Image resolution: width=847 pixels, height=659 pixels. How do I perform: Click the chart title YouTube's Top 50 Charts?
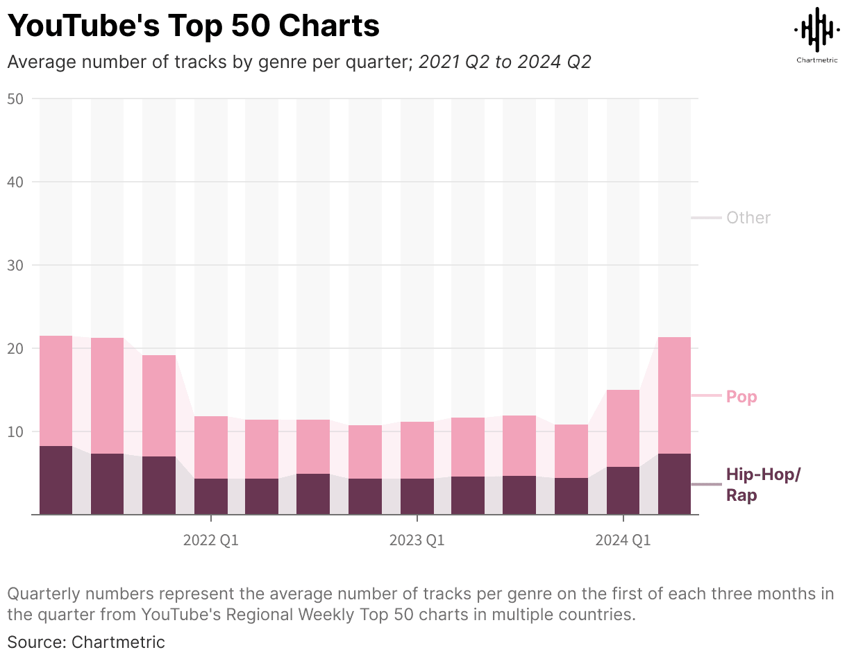pyautogui.click(x=193, y=26)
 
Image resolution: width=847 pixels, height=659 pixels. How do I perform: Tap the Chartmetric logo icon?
pyautogui.click(x=816, y=29)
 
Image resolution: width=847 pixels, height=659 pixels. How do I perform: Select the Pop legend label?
pyautogui.click(x=741, y=397)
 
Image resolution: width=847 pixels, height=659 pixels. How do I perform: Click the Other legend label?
pyautogui.click(x=748, y=218)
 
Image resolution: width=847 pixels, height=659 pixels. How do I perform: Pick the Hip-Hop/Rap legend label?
pyautogui.click(x=762, y=485)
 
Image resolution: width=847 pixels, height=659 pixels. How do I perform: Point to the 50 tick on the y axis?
pyautogui.click(x=15, y=99)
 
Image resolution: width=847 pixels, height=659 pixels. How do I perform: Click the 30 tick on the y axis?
pyautogui.click(x=15, y=266)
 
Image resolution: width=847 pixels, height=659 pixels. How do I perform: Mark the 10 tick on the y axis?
pyautogui.click(x=15, y=432)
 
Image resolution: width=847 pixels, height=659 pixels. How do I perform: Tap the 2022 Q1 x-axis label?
pyautogui.click(x=210, y=540)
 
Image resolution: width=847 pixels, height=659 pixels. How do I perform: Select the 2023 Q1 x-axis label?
pyautogui.click(x=417, y=540)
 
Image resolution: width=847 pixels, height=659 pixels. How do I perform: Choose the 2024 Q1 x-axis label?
pyautogui.click(x=623, y=540)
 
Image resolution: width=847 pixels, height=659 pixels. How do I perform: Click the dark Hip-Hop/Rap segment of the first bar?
pyautogui.click(x=56, y=480)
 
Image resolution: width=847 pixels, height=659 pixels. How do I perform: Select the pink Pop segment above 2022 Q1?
pyautogui.click(x=210, y=447)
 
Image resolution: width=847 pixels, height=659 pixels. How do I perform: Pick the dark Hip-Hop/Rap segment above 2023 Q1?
pyautogui.click(x=417, y=496)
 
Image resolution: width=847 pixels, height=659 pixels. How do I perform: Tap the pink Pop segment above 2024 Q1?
pyautogui.click(x=623, y=428)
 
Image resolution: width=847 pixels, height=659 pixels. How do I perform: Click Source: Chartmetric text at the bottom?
pyautogui.click(x=86, y=642)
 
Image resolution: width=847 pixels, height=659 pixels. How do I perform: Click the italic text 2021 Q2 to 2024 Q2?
pyautogui.click(x=505, y=62)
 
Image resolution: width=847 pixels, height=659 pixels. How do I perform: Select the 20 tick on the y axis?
pyautogui.click(x=15, y=349)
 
